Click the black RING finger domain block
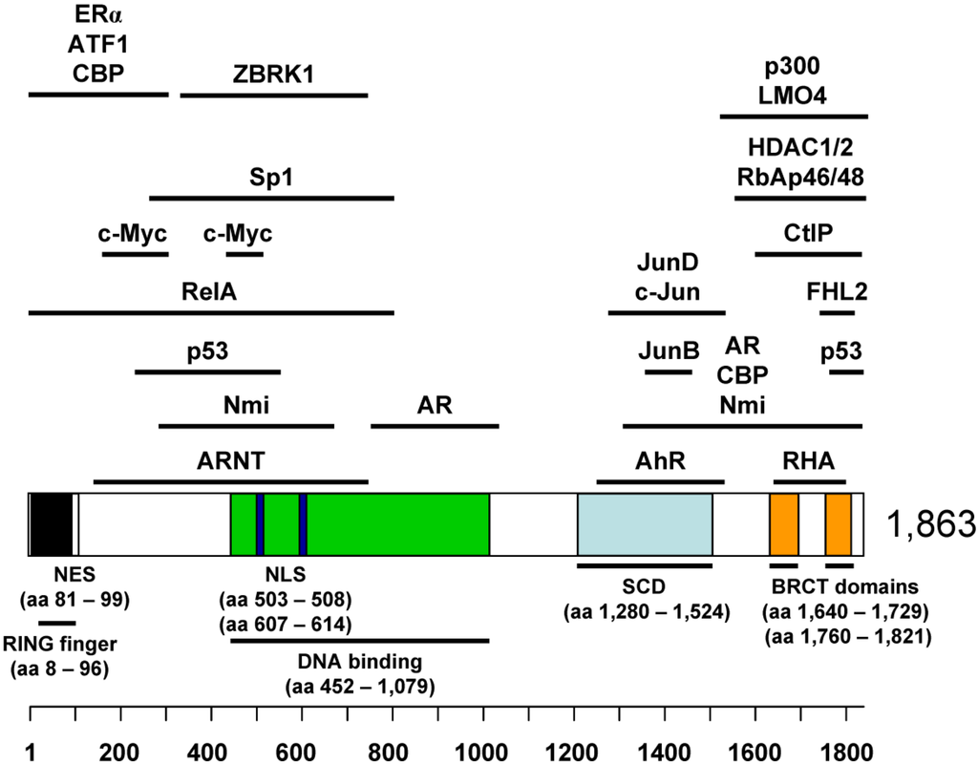click(52, 524)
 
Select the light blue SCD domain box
click(645, 524)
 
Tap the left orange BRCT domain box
click(784, 524)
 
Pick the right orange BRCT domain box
click(839, 524)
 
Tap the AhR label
click(660, 460)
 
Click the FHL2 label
click(837, 291)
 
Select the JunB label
click(668, 350)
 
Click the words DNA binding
click(359, 661)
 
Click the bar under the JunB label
click(668, 371)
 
